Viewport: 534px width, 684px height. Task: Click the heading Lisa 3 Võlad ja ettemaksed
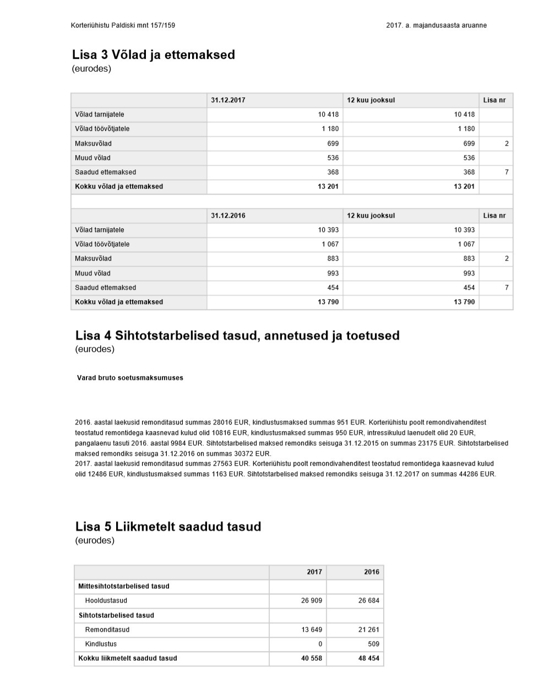(154, 55)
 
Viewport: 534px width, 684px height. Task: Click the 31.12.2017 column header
(228, 100)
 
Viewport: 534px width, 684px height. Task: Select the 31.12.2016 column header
(228, 216)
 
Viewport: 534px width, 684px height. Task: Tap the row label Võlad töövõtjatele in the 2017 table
(102, 129)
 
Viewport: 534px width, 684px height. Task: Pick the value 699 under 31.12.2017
(333, 144)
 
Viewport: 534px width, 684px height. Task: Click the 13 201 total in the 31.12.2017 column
(328, 186)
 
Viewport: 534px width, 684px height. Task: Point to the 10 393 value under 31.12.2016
(328, 230)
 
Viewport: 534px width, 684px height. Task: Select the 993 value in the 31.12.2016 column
(333, 273)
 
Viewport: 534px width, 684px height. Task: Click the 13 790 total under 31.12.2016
(328, 302)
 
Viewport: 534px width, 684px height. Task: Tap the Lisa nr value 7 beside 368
(506, 172)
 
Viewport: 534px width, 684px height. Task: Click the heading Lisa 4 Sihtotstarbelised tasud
(237, 335)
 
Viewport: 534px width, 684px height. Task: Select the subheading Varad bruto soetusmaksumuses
(130, 378)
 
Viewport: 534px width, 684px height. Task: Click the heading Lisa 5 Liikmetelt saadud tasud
(168, 527)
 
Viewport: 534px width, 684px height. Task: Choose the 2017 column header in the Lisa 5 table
(314, 572)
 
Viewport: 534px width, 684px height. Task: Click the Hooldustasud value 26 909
(312, 600)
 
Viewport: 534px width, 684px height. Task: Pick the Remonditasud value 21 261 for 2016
(369, 630)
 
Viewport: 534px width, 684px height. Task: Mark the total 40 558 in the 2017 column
(312, 658)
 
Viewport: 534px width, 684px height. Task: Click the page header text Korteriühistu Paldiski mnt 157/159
(123, 25)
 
